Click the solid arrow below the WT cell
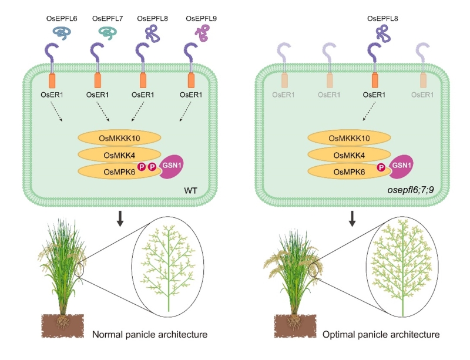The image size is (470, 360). [x=120, y=218]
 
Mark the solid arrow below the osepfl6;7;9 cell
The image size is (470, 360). [x=353, y=218]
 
